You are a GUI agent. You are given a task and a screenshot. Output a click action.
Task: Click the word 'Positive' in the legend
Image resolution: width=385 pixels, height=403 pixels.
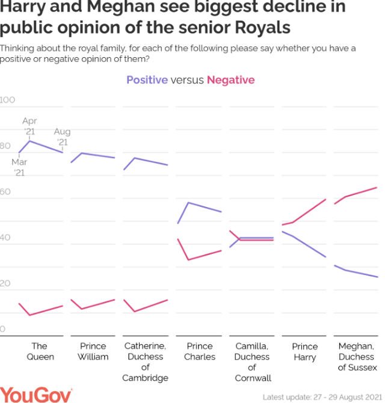click(147, 80)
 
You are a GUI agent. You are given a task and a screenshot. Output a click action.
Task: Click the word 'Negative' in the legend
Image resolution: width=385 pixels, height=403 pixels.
click(230, 80)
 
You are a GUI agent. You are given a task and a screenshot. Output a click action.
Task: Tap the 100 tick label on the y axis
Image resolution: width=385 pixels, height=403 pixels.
click(7, 100)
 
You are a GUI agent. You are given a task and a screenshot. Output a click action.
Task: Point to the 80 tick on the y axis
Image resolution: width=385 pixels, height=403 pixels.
click(5, 146)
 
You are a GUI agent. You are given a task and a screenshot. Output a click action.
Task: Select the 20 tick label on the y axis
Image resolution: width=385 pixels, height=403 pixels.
click(5, 284)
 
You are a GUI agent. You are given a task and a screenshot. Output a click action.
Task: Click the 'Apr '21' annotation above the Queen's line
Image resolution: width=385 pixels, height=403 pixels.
click(29, 126)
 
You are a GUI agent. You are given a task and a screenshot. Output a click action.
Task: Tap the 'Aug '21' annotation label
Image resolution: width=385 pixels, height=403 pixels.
click(62, 137)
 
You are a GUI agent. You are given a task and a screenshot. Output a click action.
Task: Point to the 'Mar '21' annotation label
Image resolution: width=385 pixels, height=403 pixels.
click(19, 167)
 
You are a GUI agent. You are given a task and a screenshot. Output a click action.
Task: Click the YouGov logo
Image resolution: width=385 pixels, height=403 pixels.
click(36, 394)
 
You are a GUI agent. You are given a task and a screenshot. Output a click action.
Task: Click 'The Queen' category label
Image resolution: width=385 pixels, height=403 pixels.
click(40, 351)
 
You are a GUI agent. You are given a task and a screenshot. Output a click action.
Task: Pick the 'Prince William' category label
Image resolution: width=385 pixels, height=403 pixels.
click(93, 351)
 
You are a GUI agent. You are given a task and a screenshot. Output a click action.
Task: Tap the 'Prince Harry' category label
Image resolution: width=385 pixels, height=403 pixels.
click(305, 351)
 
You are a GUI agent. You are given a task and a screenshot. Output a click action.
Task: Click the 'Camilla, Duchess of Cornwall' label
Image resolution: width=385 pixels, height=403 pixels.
click(252, 362)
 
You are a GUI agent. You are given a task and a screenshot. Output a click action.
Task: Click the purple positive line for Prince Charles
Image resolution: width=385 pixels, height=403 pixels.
click(205, 207)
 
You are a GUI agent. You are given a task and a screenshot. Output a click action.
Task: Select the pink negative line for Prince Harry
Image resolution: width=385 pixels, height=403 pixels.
click(309, 211)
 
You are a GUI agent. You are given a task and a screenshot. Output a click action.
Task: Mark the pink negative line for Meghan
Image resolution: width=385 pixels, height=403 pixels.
click(361, 192)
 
